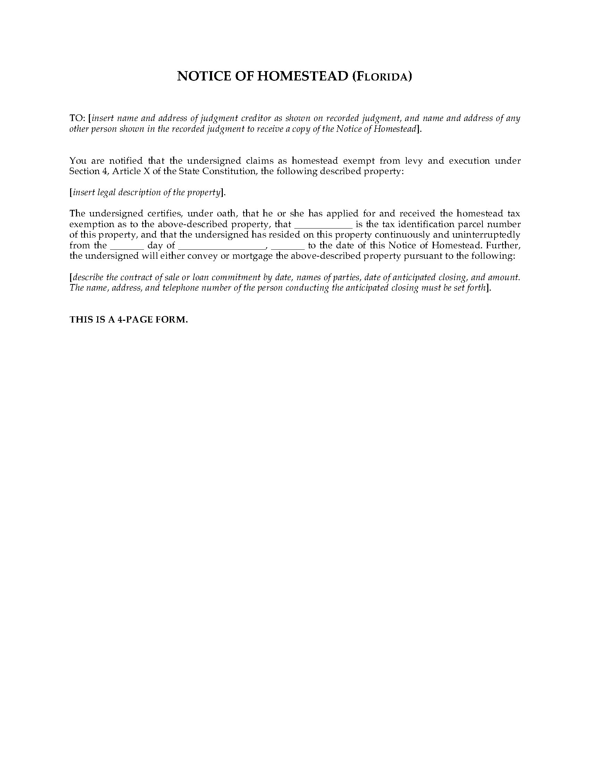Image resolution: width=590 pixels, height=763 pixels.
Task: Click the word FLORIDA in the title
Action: tap(382, 77)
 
